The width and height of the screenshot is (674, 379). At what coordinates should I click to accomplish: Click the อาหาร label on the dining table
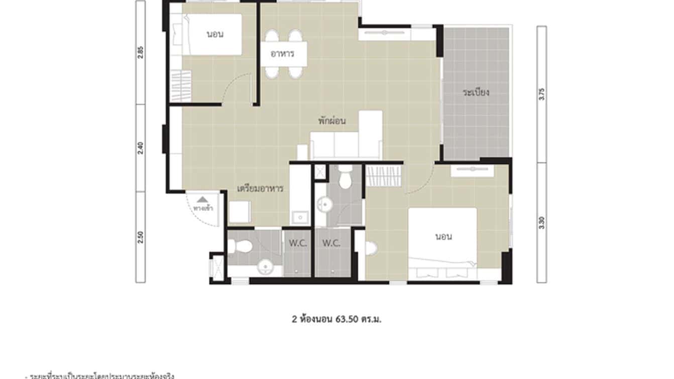(283, 54)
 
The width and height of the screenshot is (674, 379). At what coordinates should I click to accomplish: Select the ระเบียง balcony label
(476, 92)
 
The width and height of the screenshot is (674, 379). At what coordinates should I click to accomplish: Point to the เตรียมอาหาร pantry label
(260, 189)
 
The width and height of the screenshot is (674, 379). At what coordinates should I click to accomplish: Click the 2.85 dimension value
(141, 52)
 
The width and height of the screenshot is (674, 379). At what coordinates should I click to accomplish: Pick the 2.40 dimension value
(141, 148)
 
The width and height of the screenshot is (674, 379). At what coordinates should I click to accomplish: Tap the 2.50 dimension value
(141, 236)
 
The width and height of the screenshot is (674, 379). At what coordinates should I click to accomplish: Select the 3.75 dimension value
(541, 94)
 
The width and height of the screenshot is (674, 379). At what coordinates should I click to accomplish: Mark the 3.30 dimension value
(541, 223)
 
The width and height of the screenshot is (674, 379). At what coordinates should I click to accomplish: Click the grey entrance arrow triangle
(202, 200)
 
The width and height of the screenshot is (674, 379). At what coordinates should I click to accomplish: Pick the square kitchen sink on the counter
(300, 217)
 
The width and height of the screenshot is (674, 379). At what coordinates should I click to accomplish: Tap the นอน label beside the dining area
(215, 35)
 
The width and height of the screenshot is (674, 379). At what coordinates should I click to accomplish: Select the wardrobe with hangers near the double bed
(384, 177)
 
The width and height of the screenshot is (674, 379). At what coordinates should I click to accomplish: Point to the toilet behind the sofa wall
(345, 178)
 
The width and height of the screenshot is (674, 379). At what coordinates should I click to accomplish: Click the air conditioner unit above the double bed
(472, 171)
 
